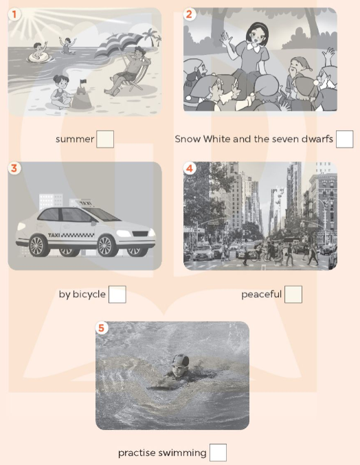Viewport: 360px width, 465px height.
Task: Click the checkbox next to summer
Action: (105, 139)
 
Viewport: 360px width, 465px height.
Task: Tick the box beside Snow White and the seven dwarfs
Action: (345, 139)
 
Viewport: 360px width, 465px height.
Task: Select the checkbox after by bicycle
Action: (117, 295)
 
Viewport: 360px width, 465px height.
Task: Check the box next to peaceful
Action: (293, 295)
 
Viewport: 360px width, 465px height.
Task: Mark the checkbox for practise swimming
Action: (218, 453)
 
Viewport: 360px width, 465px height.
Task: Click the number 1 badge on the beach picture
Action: (14, 14)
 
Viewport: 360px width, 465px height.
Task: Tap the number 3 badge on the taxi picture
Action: (14, 168)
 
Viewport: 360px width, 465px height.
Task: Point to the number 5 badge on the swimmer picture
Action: (102, 328)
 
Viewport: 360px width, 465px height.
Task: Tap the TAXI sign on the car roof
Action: (85, 203)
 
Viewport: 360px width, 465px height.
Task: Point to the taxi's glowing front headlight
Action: (124, 234)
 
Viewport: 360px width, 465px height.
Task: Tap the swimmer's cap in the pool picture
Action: (181, 360)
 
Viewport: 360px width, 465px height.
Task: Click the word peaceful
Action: (261, 295)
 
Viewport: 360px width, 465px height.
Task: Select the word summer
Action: (75, 139)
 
